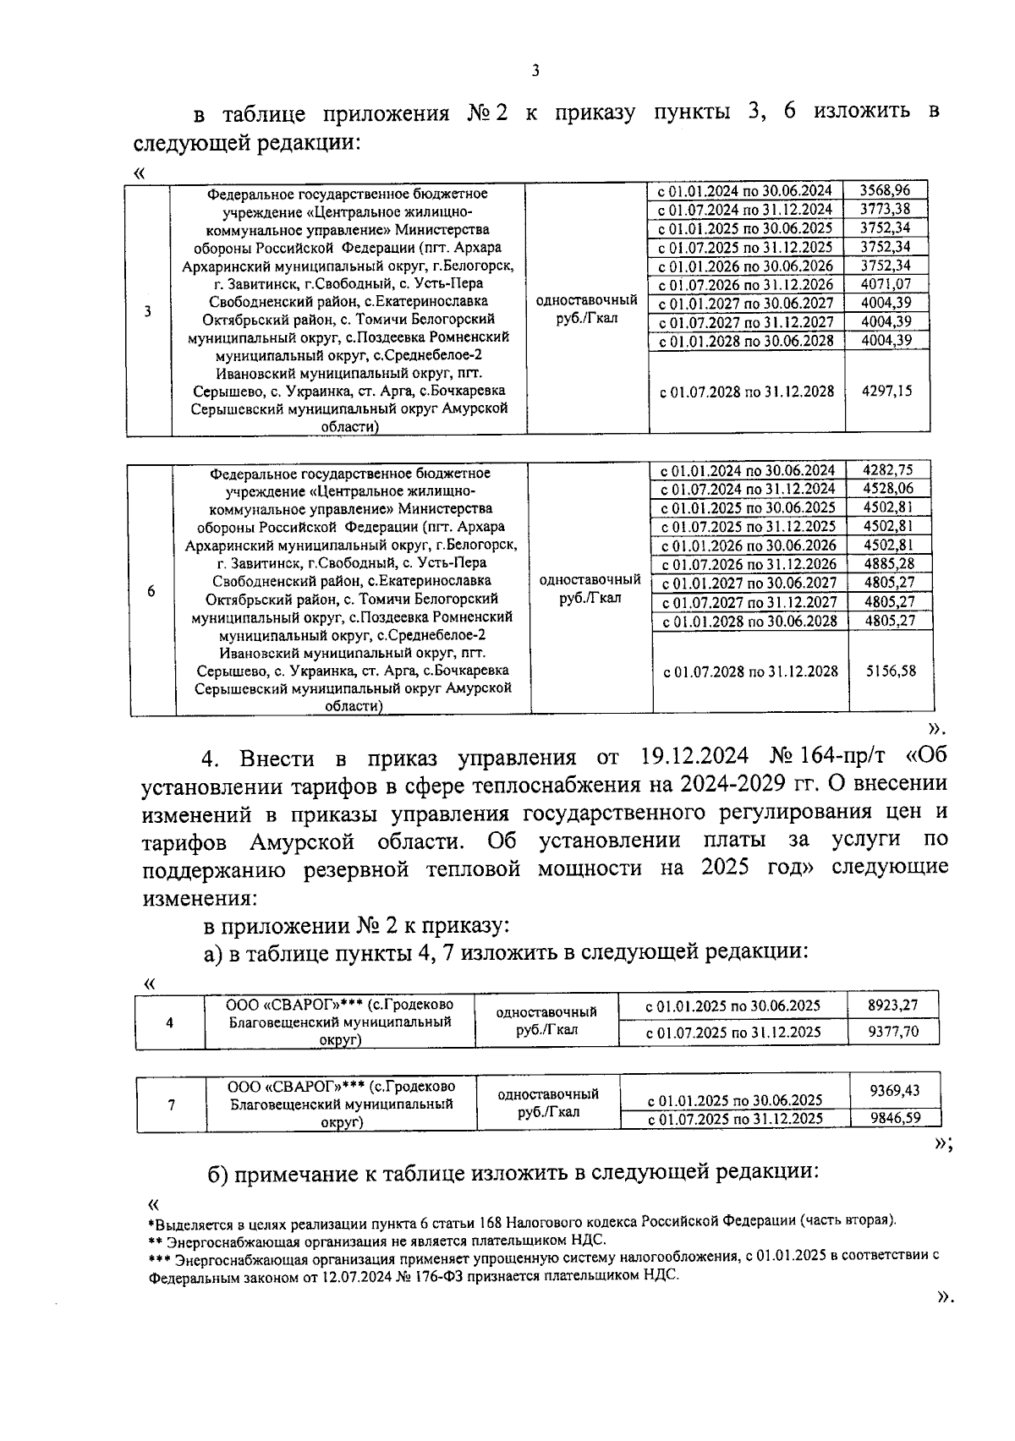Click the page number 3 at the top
coord(535,71)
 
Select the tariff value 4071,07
coord(886,284)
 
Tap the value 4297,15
coord(886,392)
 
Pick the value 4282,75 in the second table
coord(888,470)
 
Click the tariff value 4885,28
coord(889,563)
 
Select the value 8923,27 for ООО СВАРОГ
coord(892,1005)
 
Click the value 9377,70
coord(892,1032)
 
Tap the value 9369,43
coord(894,1091)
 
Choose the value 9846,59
coord(894,1118)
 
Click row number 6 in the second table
coord(151,591)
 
